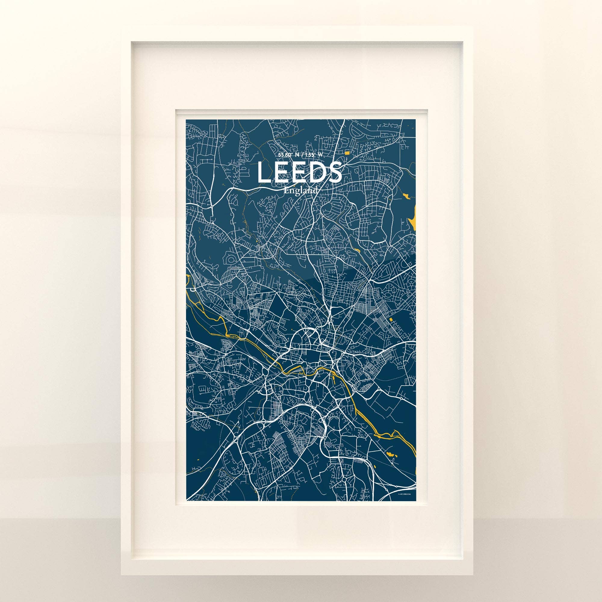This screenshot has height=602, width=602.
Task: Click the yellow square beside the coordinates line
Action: coord(347,152)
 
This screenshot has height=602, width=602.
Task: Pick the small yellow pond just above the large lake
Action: coord(406,196)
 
